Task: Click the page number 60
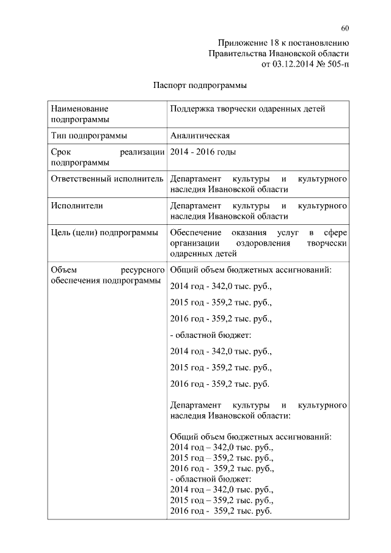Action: [x=345, y=28]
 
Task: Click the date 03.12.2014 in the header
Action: [x=290, y=64]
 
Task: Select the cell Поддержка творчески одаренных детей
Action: [x=247, y=109]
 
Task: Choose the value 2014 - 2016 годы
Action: [x=203, y=152]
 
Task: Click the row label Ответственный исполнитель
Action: [x=107, y=179]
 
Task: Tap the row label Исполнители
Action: [x=77, y=205]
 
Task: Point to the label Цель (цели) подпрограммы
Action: [x=104, y=232]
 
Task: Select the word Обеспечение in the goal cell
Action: [x=195, y=232]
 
